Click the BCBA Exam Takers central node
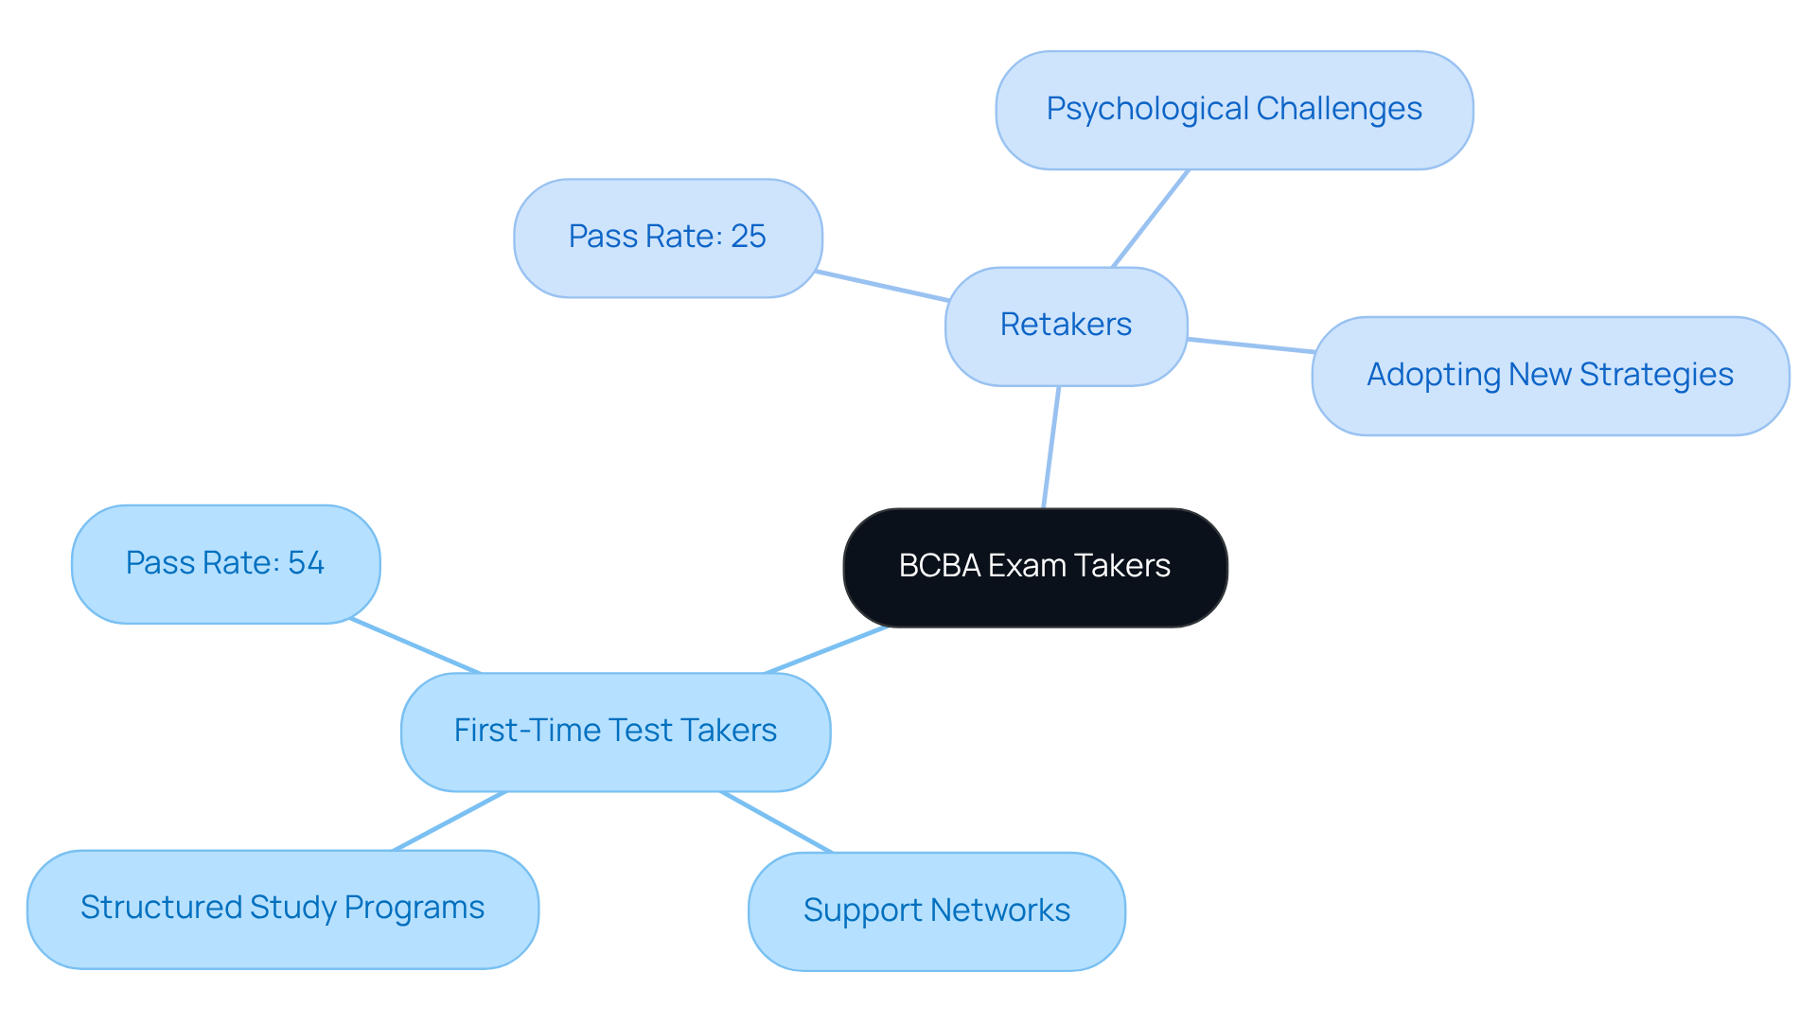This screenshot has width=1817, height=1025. click(1034, 567)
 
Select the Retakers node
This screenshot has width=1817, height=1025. click(1066, 326)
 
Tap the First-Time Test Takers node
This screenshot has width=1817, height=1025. click(615, 732)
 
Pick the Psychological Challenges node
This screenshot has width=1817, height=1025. click(1234, 110)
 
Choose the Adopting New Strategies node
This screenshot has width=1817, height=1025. click(1549, 376)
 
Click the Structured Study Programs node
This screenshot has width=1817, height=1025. click(282, 909)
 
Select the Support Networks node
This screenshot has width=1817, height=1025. click(936, 910)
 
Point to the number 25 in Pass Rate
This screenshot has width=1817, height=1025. click(748, 237)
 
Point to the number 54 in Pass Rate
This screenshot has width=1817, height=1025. click(306, 563)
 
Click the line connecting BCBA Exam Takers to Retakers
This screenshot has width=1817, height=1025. click(1050, 447)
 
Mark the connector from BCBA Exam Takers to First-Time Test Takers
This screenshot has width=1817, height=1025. click(825, 650)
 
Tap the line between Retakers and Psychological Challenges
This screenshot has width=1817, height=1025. click(1150, 219)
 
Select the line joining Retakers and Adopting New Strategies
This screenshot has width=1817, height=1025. click(1249, 345)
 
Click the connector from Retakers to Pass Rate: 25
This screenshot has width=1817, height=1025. click(882, 286)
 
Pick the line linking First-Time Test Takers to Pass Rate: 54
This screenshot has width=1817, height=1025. click(415, 645)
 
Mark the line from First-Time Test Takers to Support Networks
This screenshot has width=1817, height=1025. click(776, 822)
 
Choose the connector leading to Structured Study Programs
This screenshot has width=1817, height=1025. click(450, 822)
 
